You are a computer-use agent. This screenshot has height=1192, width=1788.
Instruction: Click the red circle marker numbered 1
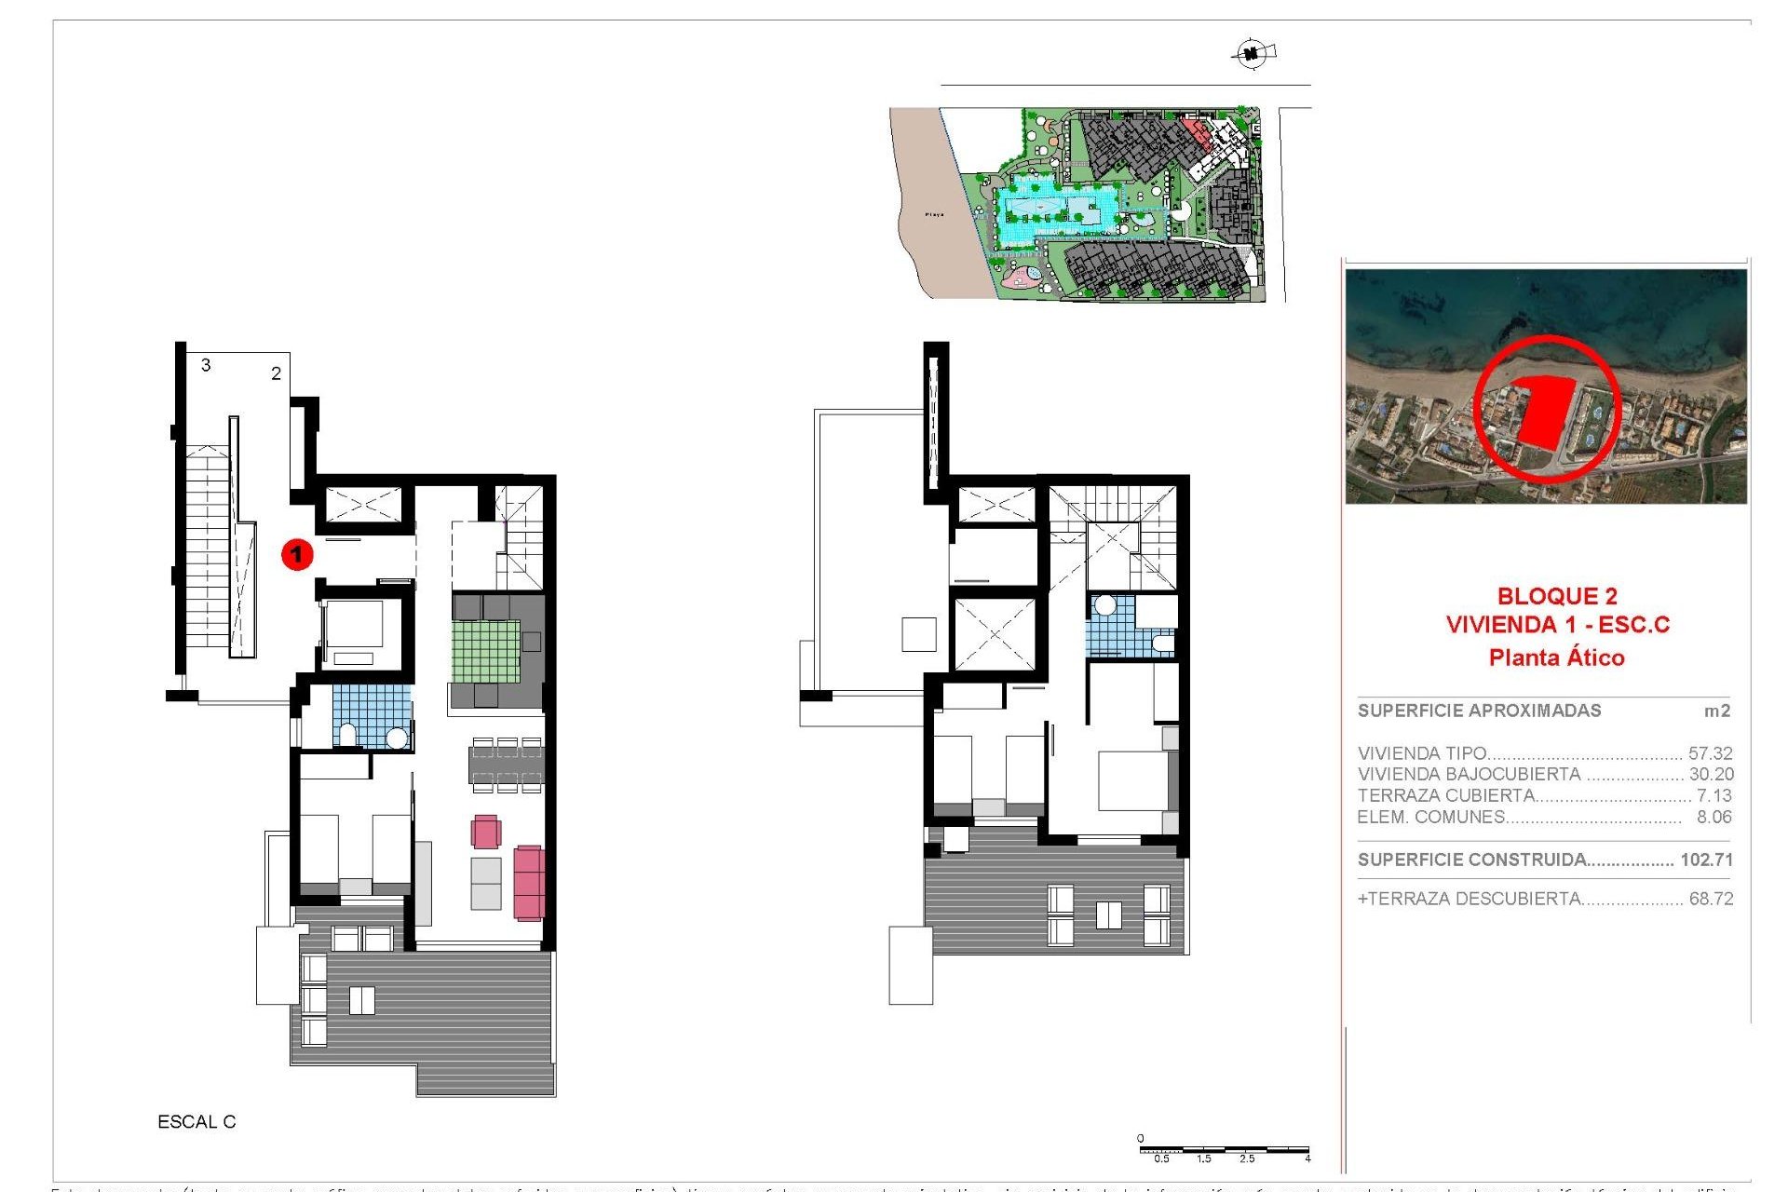point(297,555)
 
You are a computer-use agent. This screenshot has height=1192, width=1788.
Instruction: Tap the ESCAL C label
point(196,1122)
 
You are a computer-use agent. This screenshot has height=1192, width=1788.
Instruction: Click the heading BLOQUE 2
point(1557,596)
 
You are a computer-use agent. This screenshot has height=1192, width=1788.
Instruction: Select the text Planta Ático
point(1556,657)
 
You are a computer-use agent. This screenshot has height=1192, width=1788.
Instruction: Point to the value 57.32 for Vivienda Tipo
point(1711,753)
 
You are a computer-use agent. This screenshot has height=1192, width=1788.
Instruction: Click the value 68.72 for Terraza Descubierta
point(1711,899)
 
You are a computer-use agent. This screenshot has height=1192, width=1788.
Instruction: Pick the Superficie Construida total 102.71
point(1706,860)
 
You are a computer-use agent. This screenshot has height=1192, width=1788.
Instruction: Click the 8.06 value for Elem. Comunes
point(1713,817)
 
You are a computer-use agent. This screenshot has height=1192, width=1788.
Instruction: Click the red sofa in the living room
point(528,882)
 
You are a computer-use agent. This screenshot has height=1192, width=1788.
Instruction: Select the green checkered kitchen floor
point(486,651)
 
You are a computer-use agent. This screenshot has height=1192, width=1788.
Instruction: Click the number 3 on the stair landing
point(206,365)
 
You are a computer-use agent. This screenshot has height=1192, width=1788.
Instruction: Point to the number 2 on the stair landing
point(276,373)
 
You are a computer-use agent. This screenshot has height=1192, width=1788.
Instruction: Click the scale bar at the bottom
point(1224,1151)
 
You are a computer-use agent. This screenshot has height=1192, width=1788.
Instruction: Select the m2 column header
point(1716,711)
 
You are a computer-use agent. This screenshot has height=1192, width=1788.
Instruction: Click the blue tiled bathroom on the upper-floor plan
point(1113,629)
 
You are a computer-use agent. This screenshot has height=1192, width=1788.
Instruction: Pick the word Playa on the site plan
point(934,214)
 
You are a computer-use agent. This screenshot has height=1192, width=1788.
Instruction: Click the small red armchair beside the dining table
point(485,832)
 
